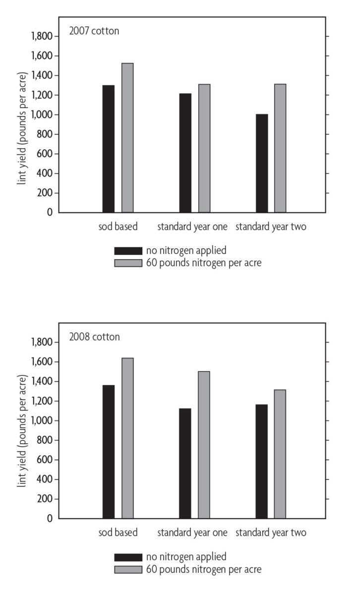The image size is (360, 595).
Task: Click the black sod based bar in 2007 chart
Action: pyautogui.click(x=109, y=149)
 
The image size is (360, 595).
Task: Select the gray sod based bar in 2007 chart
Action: pyautogui.click(x=127, y=138)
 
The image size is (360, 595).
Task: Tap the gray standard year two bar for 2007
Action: pyautogui.click(x=280, y=148)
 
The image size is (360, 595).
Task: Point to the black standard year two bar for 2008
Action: pyautogui.click(x=262, y=461)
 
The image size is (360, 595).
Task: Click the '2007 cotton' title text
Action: pyautogui.click(x=94, y=31)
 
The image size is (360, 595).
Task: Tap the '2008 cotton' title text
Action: pyautogui.click(x=94, y=337)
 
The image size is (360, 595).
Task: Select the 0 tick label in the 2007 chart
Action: pyautogui.click(x=49, y=213)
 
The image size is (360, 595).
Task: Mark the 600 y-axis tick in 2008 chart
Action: pyautogui.click(x=44, y=460)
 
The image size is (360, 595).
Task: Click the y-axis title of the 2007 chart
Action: pyautogui.click(x=22, y=124)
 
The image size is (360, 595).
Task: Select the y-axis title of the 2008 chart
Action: pyautogui.click(x=22, y=430)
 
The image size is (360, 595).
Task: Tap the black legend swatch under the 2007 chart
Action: pyautogui.click(x=128, y=251)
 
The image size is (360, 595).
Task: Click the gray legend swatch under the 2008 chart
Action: pyautogui.click(x=128, y=569)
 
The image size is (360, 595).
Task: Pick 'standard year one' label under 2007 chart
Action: pyautogui.click(x=192, y=228)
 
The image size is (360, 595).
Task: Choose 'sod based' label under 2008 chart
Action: pyautogui.click(x=118, y=534)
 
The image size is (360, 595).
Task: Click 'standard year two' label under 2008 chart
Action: pyautogui.click(x=271, y=534)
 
